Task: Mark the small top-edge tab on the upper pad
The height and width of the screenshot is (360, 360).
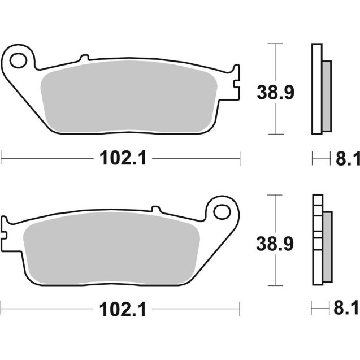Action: tap(84, 58)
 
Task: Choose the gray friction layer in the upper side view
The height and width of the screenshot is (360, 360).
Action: tap(327, 94)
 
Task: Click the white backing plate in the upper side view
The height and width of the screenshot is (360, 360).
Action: tap(316, 90)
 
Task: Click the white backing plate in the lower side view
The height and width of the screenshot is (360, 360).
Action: tap(316, 243)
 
